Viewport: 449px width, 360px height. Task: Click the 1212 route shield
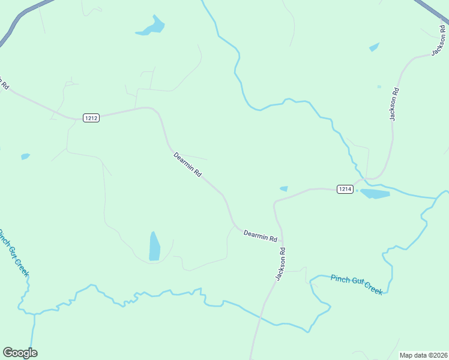(91, 118)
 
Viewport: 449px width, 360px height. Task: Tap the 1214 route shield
(345, 189)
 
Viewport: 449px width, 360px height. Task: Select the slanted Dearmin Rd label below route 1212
(187, 164)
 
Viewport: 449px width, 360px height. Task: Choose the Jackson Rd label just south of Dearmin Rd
(280, 264)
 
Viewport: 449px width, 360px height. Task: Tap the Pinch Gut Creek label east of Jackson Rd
(357, 284)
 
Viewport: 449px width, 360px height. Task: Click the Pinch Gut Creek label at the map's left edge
(13, 253)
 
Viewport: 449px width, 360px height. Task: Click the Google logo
(20, 353)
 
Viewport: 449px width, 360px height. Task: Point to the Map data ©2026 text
(423, 355)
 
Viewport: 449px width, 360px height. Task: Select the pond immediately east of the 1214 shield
(375, 194)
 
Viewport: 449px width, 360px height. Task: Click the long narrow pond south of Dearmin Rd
(155, 247)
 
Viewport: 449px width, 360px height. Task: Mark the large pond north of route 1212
(151, 27)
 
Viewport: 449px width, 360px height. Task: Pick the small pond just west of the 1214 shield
(284, 188)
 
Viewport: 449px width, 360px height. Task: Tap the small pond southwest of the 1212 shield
(25, 157)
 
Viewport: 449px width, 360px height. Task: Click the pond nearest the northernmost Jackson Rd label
(374, 47)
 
